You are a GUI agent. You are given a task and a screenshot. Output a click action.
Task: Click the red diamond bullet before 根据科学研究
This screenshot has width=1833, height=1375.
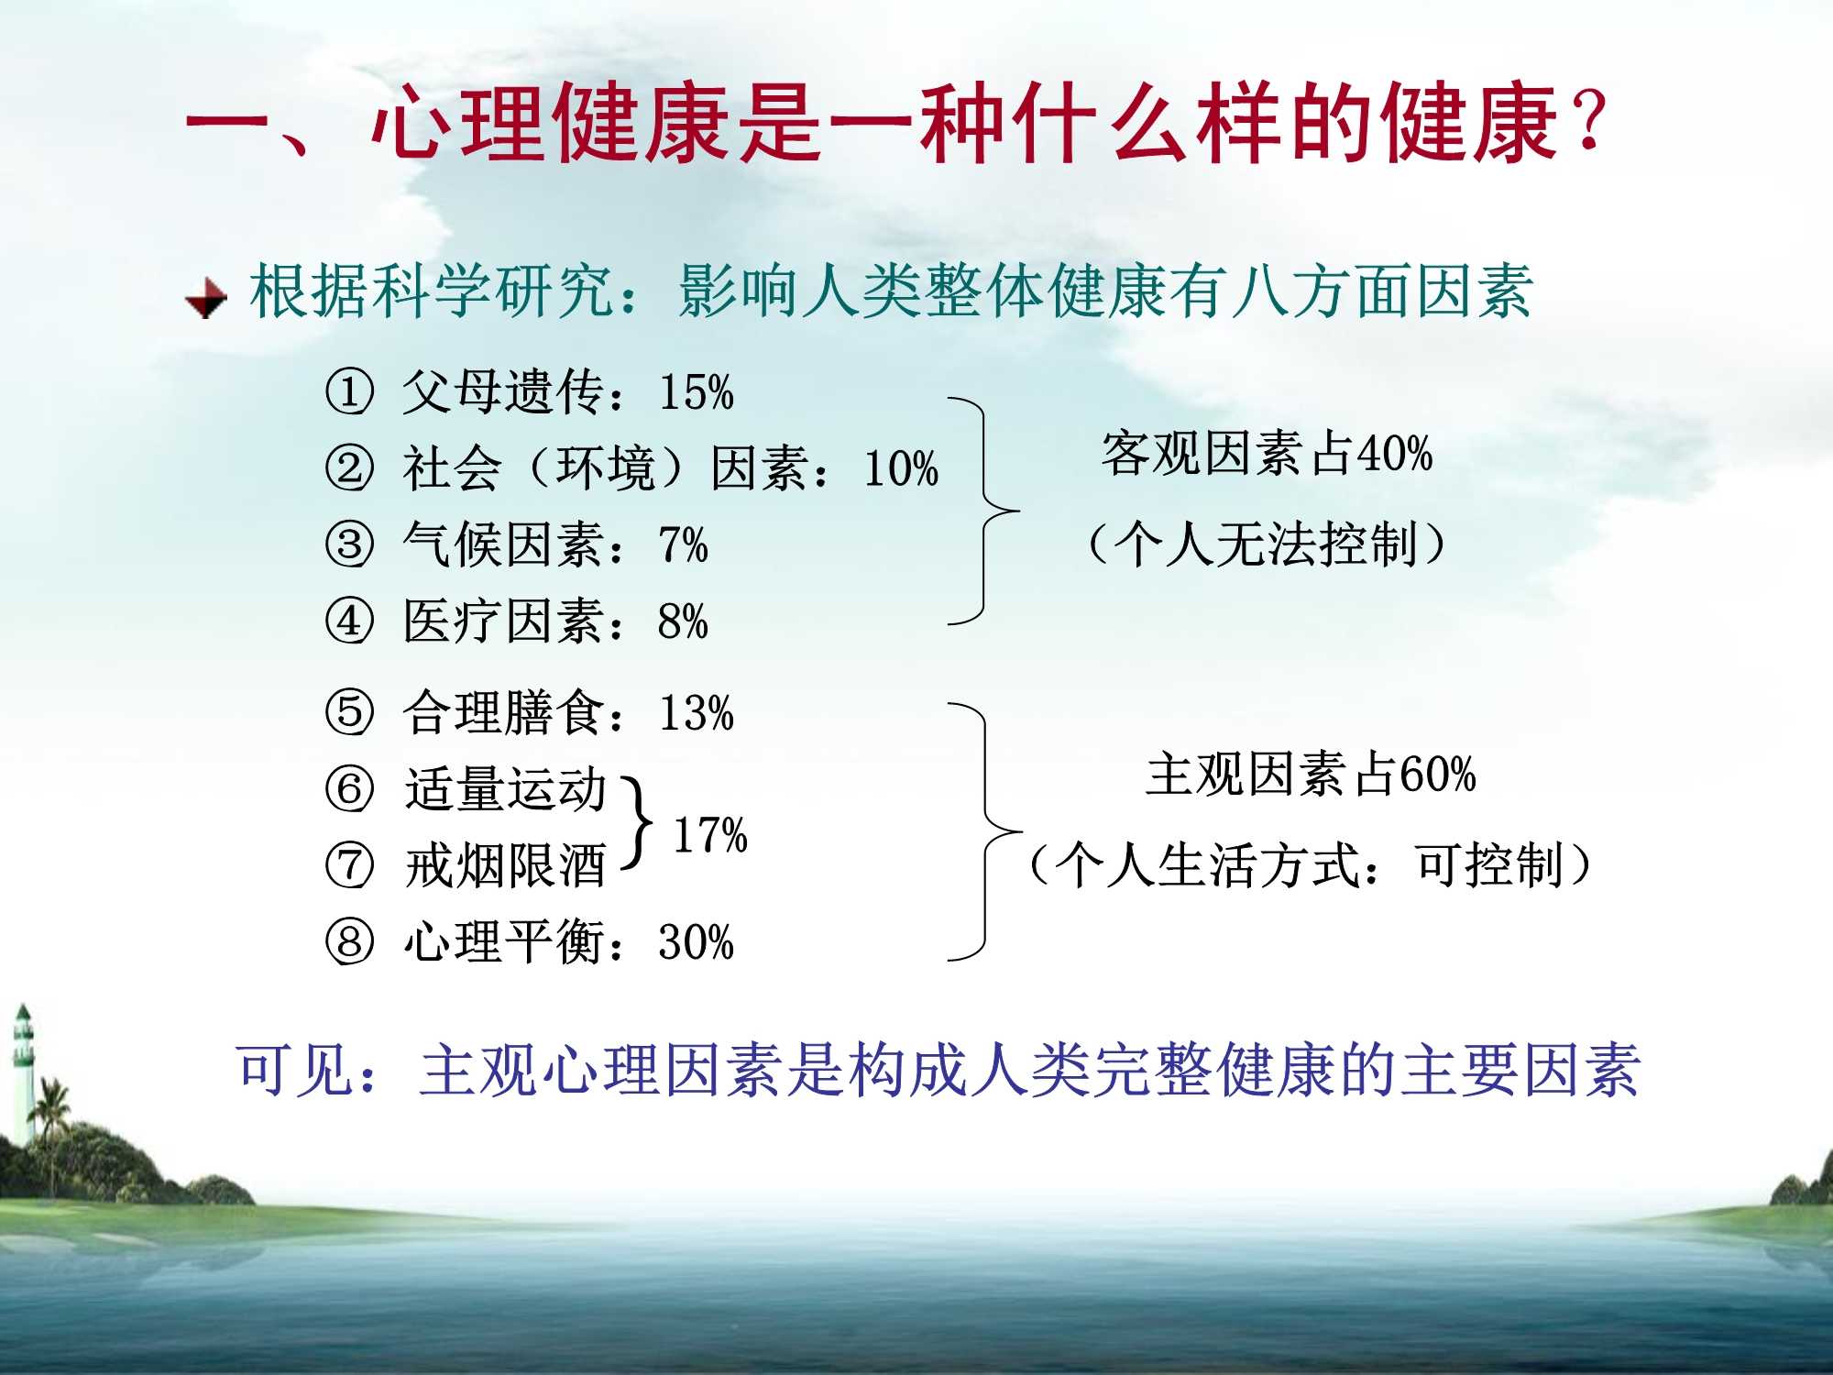point(206,298)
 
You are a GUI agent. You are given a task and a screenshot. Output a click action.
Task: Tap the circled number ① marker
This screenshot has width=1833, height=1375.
point(349,391)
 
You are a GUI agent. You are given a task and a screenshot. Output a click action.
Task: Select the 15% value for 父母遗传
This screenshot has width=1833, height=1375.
point(697,392)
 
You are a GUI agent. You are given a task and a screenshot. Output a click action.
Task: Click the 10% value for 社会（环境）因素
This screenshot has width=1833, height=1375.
point(901,468)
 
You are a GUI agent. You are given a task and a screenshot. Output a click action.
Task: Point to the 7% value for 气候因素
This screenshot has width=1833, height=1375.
point(683,544)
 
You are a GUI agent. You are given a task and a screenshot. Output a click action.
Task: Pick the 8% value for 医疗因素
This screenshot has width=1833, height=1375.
point(683,621)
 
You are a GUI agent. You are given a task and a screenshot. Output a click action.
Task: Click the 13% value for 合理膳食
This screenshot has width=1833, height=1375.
point(697,713)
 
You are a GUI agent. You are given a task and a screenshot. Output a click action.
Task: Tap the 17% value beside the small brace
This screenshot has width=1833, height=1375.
point(710,835)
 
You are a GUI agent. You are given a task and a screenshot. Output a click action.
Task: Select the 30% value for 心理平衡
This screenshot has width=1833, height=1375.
point(697,942)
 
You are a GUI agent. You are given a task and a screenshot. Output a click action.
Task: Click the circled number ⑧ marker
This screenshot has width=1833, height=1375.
point(349,941)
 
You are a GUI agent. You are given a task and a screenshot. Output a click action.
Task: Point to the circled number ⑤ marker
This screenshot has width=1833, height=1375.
point(349,712)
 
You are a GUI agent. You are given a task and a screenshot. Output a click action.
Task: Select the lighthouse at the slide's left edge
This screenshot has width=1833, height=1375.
point(23,1072)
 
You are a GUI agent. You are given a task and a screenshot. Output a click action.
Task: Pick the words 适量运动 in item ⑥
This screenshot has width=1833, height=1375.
point(505,789)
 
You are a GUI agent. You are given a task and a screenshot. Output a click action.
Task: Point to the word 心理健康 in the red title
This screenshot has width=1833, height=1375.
point(550,123)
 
